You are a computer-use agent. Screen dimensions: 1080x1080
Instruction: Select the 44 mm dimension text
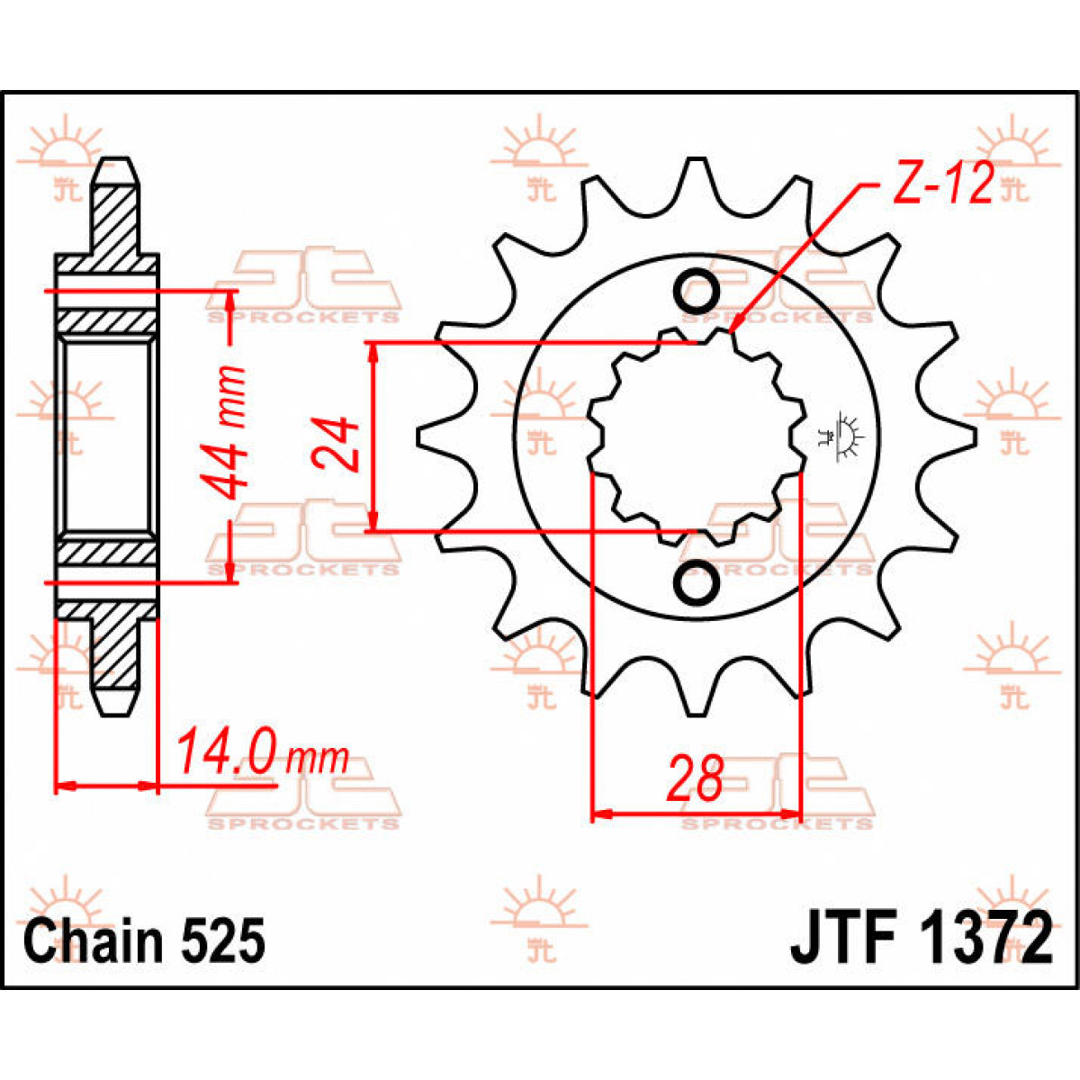[221, 431]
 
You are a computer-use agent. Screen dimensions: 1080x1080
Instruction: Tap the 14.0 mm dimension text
[261, 754]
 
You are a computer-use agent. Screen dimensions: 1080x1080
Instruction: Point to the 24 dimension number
[337, 443]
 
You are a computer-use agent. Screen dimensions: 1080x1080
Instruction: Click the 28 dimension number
[695, 778]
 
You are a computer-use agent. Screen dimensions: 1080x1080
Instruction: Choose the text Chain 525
[145, 941]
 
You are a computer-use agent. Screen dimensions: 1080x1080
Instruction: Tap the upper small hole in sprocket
[696, 291]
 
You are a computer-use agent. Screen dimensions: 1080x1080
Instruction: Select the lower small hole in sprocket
[696, 583]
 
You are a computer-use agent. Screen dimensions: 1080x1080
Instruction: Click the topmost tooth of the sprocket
[694, 176]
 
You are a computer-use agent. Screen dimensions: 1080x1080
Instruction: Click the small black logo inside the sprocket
[847, 437]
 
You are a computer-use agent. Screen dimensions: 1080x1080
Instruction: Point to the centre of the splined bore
[695, 437]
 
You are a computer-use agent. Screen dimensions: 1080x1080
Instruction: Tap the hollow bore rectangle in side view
[107, 436]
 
